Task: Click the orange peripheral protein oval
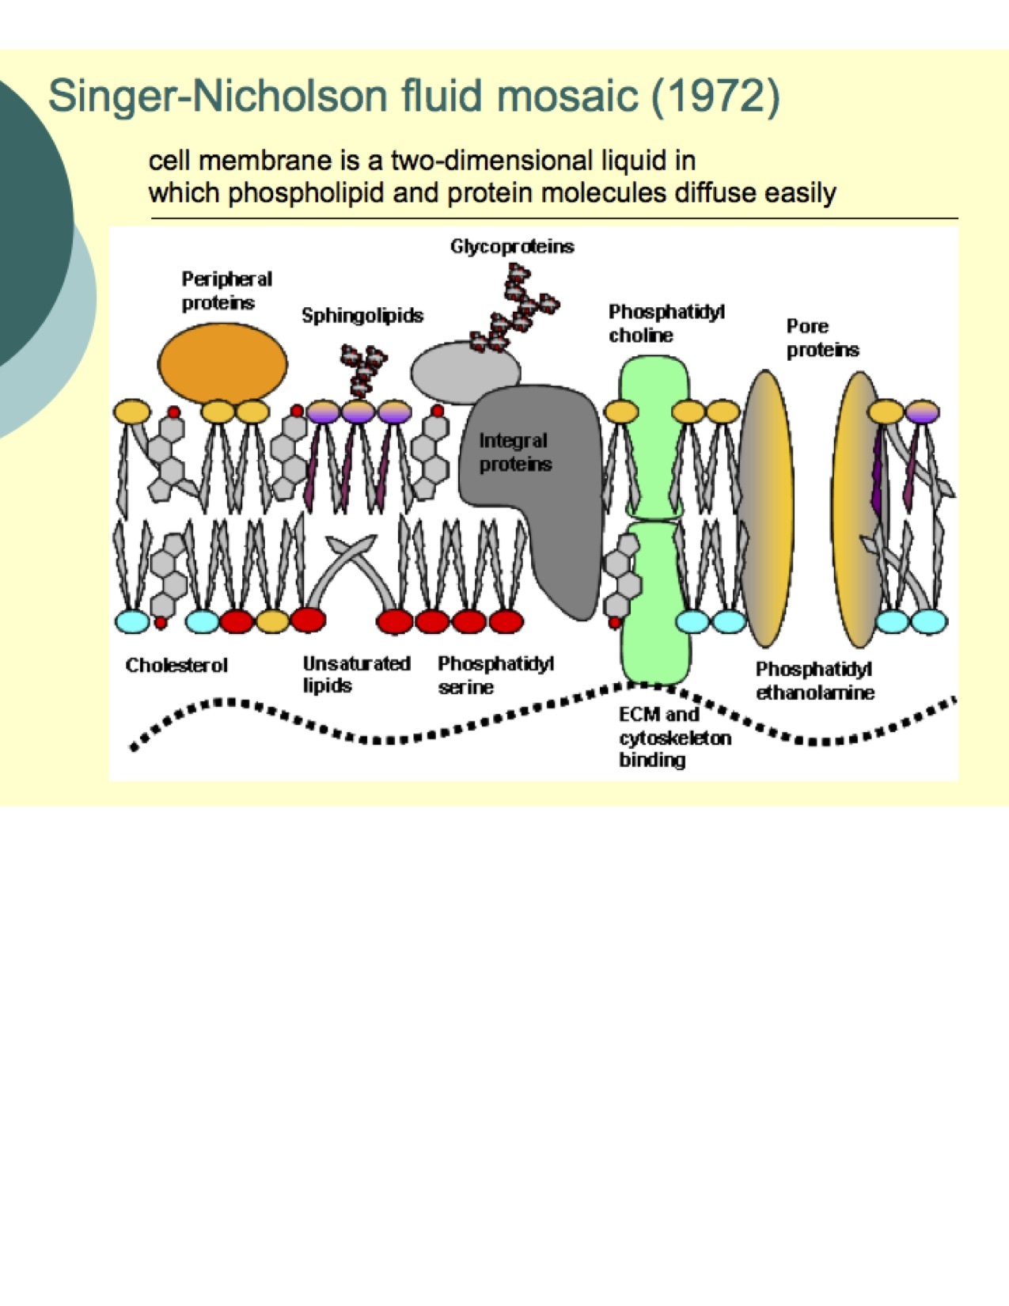tap(223, 364)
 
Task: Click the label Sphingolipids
tap(362, 316)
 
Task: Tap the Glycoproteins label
tap(512, 246)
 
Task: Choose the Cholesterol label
tap(176, 665)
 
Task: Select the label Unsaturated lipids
tap(356, 674)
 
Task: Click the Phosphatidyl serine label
tap(495, 674)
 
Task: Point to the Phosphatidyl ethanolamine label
tap(815, 681)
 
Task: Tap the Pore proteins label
tap(822, 338)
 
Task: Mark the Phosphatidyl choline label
tap(666, 323)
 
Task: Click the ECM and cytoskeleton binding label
tap(674, 738)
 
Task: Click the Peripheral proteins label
tap(226, 290)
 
